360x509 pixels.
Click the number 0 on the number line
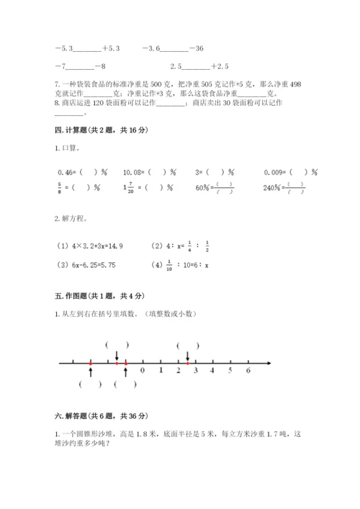(143, 371)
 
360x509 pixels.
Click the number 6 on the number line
(248, 371)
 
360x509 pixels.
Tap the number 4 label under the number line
(212, 371)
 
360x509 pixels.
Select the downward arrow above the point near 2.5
(188, 356)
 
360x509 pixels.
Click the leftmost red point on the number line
(90, 364)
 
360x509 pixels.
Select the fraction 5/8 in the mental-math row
(58, 189)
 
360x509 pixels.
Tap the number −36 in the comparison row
(196, 48)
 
